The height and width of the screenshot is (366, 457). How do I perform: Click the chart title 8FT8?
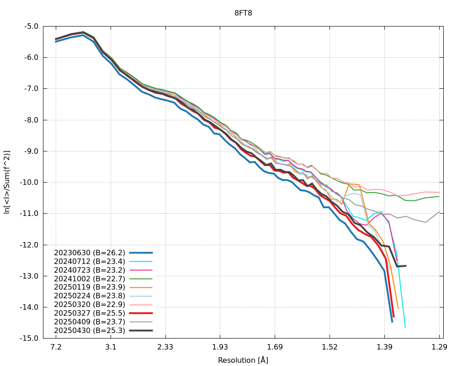[243, 13]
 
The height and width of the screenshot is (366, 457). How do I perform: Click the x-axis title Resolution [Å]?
[243, 360]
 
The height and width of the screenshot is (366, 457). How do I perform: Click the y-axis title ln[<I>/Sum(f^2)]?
[7, 182]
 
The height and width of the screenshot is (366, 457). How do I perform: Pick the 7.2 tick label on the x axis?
[56, 347]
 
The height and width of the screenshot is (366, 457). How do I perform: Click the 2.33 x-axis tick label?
[165, 347]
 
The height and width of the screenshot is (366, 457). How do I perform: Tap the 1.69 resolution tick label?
[275, 347]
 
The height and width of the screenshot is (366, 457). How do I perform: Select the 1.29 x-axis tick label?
[439, 347]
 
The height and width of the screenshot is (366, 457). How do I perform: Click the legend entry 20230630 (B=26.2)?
[90, 253]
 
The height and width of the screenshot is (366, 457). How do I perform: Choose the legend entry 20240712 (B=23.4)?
[90, 261]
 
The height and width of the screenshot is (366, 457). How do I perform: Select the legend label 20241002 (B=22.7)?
[90, 279]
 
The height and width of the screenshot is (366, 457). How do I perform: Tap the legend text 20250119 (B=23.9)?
[90, 287]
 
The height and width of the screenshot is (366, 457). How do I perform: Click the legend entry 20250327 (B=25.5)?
[90, 313]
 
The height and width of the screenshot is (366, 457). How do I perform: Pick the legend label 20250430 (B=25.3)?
[90, 330]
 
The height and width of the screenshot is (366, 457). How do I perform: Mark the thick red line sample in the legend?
[141, 313]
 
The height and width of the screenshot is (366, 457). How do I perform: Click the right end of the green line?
[439, 196]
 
